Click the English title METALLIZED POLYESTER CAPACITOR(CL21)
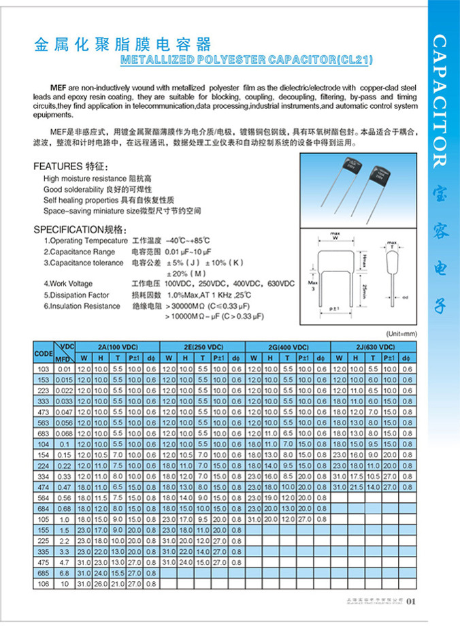[x=246, y=60]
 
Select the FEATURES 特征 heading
[x=70, y=167]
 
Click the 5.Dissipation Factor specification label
[x=84, y=295]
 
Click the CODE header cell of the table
[x=43, y=354]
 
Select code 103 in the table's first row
[x=43, y=368]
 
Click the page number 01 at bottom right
[x=410, y=601]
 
